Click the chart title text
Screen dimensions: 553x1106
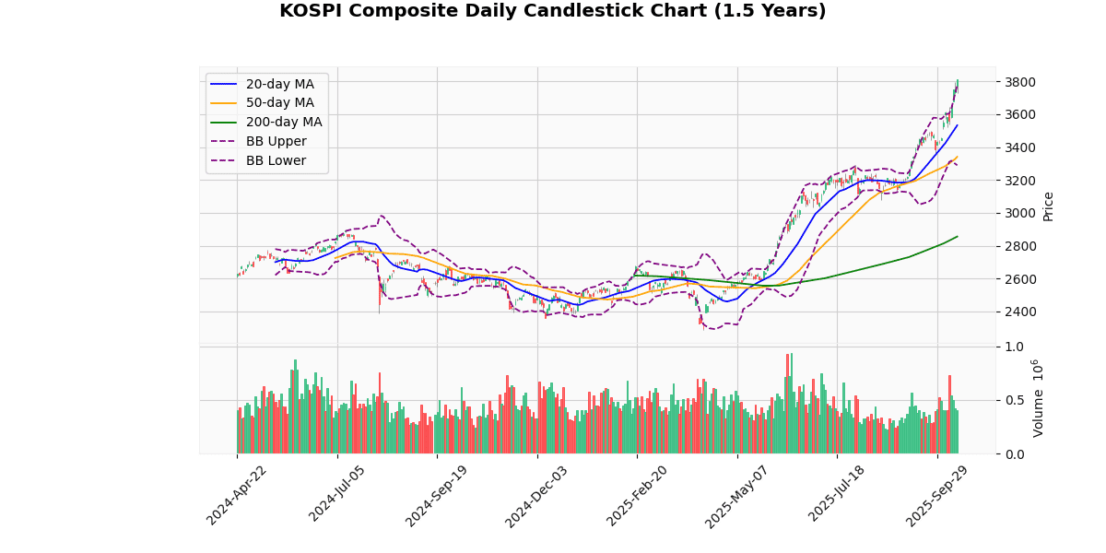tap(552, 11)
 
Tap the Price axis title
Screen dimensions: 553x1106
tap(1048, 206)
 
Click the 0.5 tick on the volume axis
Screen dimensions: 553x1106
tap(1014, 400)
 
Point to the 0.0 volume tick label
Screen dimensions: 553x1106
tap(1014, 454)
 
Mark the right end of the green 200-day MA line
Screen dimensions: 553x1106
tap(958, 236)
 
